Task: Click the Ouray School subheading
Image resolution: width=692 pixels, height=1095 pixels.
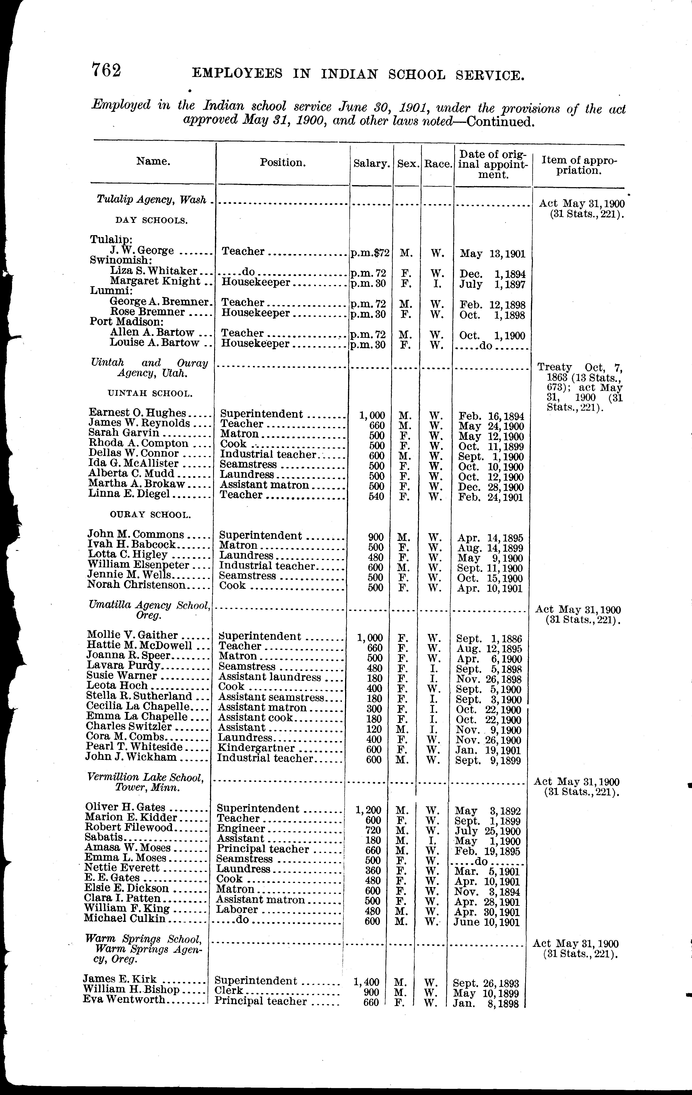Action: [150, 515]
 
